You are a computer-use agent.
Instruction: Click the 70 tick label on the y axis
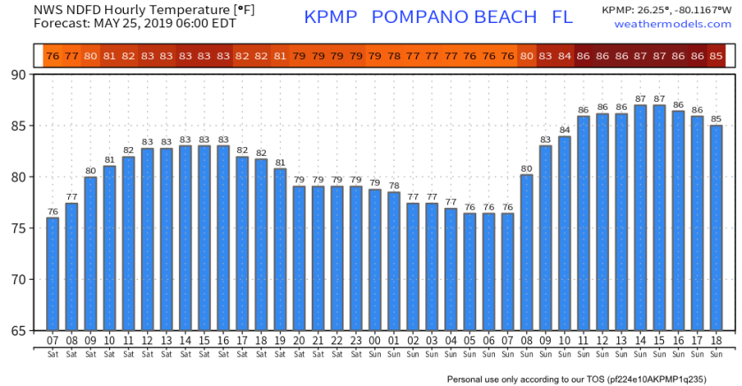pyautogui.click(x=18, y=279)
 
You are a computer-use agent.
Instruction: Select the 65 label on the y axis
pyautogui.click(x=18, y=330)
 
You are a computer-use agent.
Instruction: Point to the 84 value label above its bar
pyautogui.click(x=565, y=130)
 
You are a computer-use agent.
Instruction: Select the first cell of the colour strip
pyautogui.click(x=52, y=56)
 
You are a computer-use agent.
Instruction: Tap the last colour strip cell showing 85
pyautogui.click(x=716, y=56)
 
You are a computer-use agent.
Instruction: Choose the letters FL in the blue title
pyautogui.click(x=560, y=17)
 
